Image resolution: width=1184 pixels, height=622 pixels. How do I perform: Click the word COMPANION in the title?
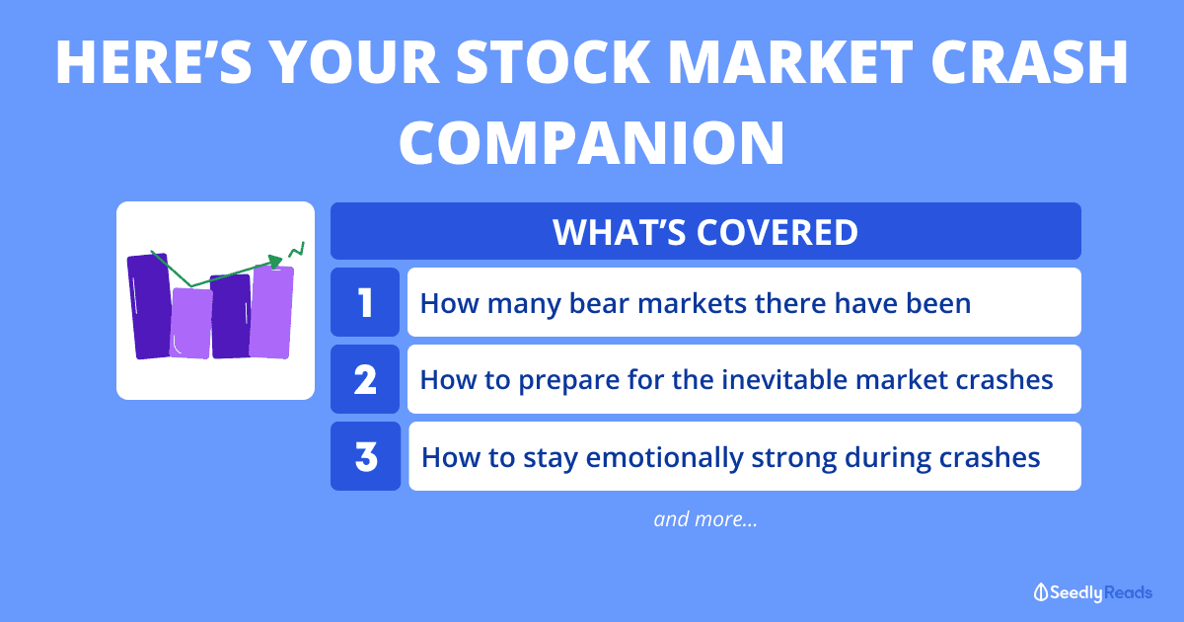point(592,143)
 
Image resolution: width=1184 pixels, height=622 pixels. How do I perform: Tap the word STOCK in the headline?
point(553,62)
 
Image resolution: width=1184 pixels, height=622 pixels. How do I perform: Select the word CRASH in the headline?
point(1030,62)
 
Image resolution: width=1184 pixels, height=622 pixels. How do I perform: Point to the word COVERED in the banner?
point(777,232)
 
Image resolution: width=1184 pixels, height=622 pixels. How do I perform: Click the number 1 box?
point(365,302)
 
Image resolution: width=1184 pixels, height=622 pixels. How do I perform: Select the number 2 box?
point(365,379)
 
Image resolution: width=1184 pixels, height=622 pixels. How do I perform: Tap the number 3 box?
point(365,456)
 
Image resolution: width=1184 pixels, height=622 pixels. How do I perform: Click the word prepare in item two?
point(568,381)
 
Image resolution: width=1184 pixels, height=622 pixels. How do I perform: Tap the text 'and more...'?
point(705,519)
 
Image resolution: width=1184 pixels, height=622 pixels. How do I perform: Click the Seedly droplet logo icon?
point(1040,592)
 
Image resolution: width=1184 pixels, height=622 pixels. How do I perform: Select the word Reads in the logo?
point(1128,592)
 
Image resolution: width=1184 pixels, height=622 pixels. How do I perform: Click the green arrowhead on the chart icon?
point(276,262)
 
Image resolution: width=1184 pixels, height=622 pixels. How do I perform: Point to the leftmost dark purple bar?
point(150,307)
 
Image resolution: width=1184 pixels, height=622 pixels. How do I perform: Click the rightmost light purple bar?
point(271,312)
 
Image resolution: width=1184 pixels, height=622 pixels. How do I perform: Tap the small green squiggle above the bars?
point(297,250)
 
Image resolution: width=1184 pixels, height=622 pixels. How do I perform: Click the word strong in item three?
point(794,458)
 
